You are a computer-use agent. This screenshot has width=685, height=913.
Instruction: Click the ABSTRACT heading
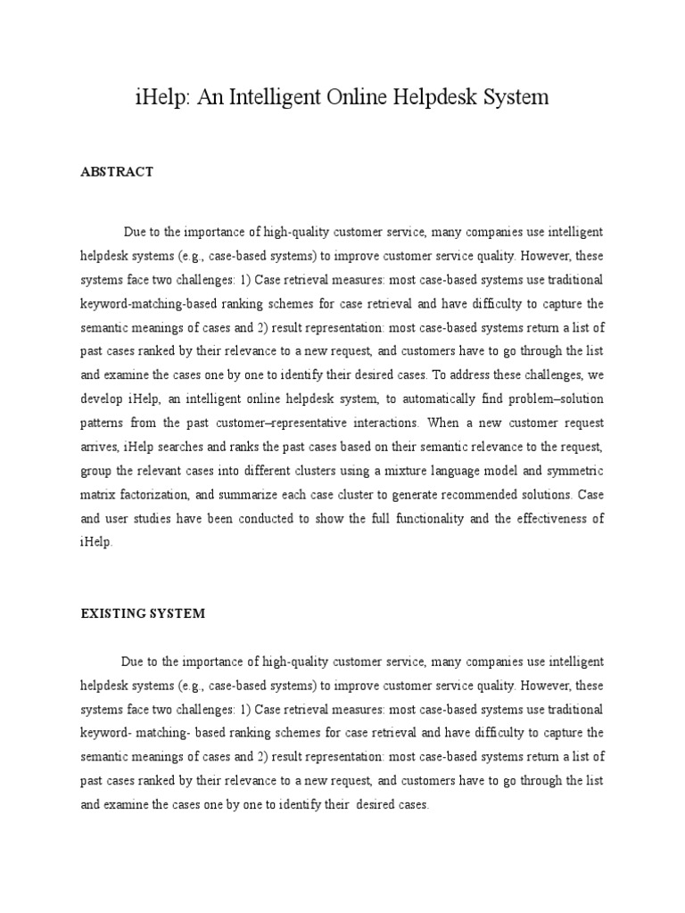117,172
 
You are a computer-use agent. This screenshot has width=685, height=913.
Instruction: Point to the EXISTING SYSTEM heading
143,613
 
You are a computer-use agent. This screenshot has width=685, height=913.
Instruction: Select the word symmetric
571,471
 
